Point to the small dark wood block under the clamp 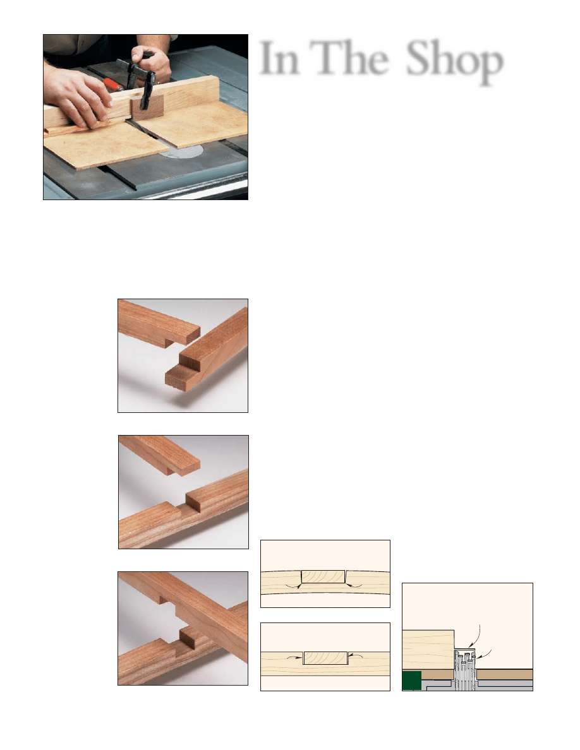click(147, 107)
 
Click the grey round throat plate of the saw click(182, 151)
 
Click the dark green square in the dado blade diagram click(411, 681)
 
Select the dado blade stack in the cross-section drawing click(464, 670)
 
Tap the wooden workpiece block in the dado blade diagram click(428, 650)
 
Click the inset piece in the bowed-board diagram click(323, 576)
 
